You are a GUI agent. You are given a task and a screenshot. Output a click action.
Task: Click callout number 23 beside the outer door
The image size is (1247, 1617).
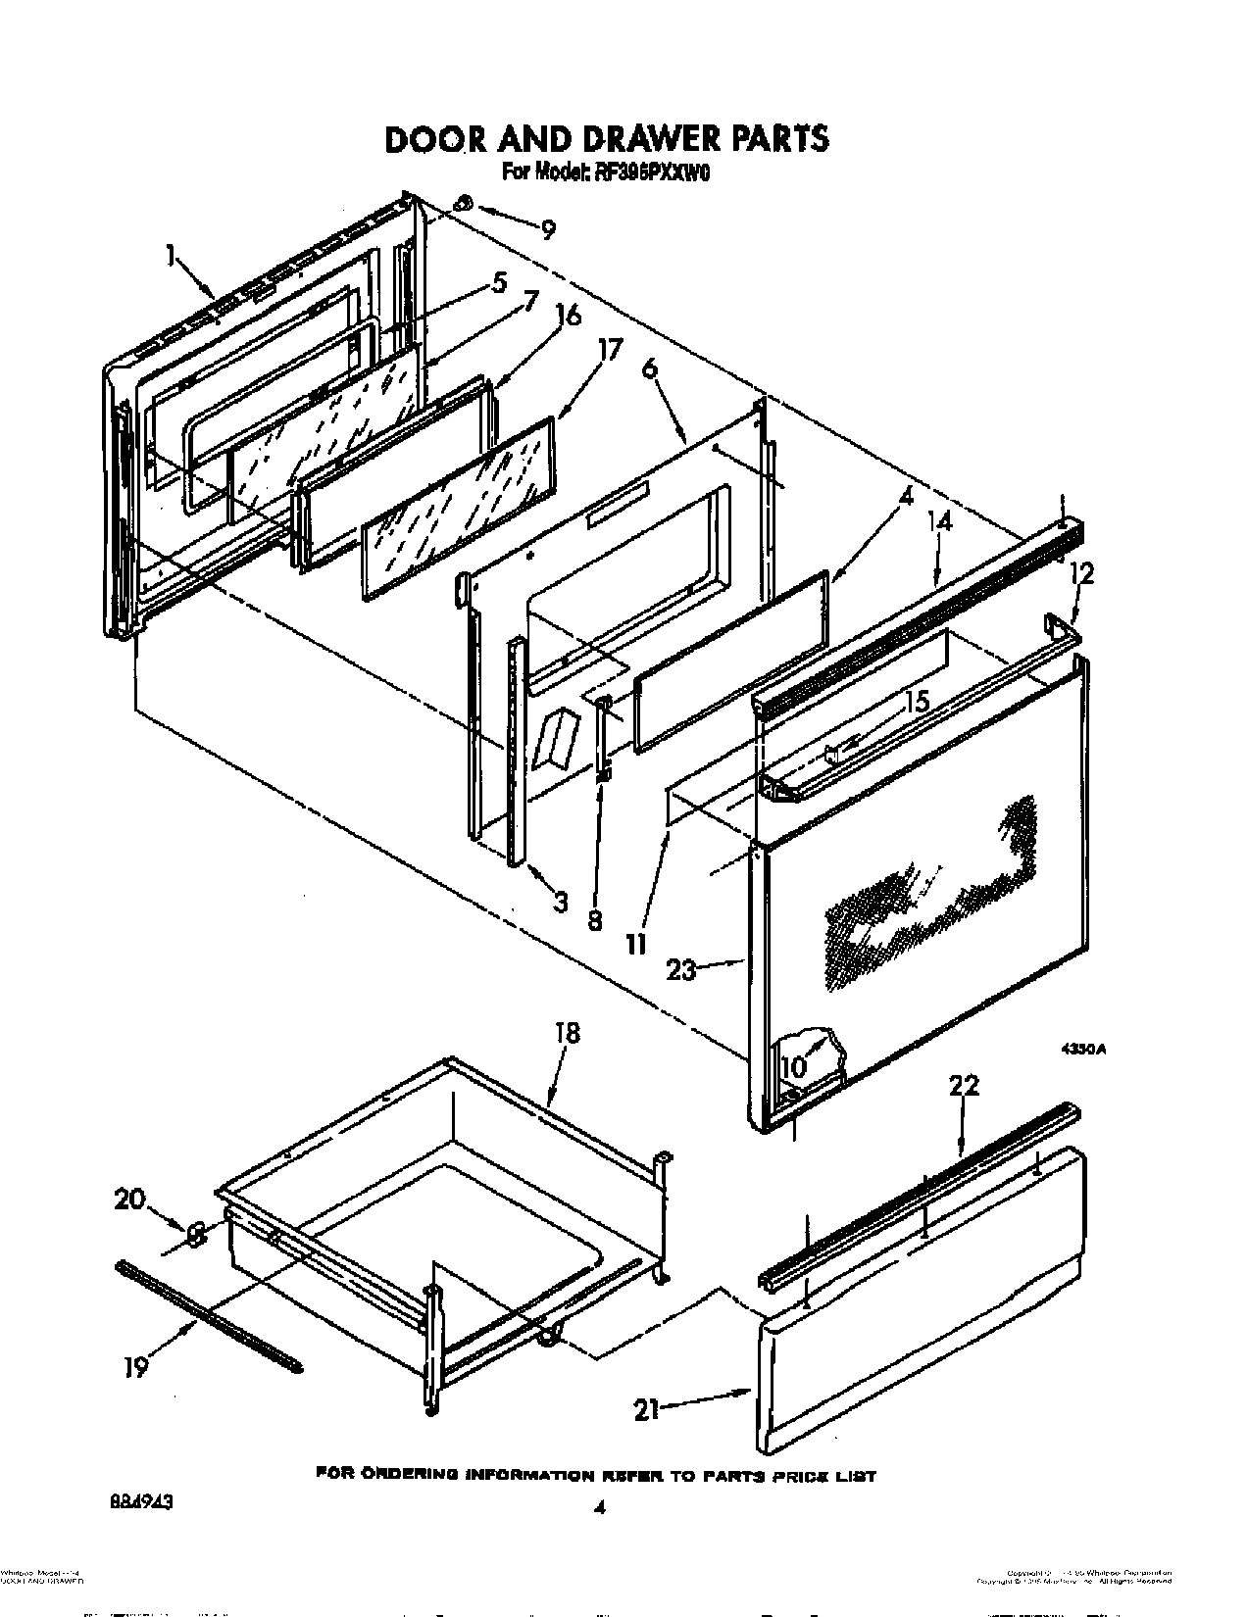(680, 969)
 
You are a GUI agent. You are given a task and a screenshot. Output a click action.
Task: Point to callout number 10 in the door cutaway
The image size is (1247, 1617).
(794, 1064)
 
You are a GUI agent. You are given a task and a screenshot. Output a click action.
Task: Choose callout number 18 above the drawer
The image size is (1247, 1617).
(567, 1032)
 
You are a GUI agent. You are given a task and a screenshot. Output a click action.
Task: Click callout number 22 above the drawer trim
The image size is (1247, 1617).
(963, 1086)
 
